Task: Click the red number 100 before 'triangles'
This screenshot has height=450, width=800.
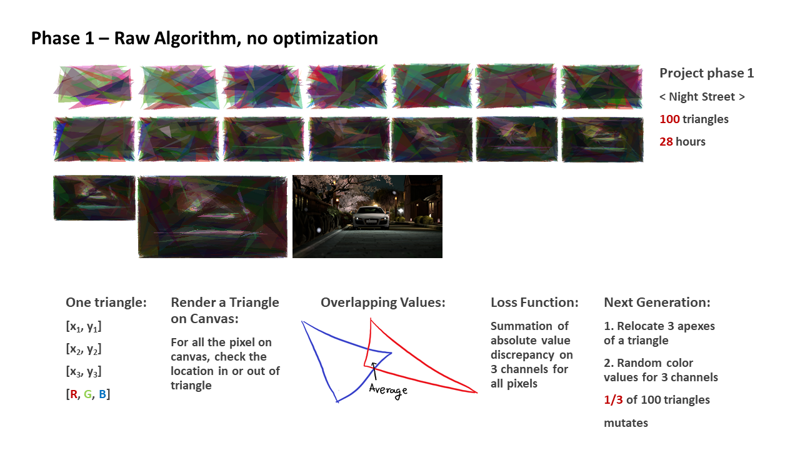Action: tap(669, 119)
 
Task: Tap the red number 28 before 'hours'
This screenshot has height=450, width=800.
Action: tap(666, 141)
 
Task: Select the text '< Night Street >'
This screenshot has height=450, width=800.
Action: tap(702, 96)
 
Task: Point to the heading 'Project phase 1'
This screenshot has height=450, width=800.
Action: tap(707, 73)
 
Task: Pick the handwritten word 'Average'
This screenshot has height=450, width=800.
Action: tap(388, 391)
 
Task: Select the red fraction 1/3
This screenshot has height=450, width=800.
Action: tap(613, 399)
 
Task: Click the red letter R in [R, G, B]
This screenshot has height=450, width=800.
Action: tap(74, 394)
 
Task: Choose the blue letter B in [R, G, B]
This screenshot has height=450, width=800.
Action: tap(102, 394)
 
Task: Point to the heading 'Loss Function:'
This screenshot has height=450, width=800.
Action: tap(534, 302)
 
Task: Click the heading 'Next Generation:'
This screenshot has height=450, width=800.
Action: tap(657, 302)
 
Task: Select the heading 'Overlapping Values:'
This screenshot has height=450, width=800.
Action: tap(383, 302)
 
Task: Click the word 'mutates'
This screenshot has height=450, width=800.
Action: tap(626, 423)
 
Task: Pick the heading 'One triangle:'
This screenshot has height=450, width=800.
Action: tap(106, 302)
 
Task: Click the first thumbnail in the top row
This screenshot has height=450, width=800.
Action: tap(94, 87)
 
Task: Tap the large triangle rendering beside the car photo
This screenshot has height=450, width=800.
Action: tap(213, 217)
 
